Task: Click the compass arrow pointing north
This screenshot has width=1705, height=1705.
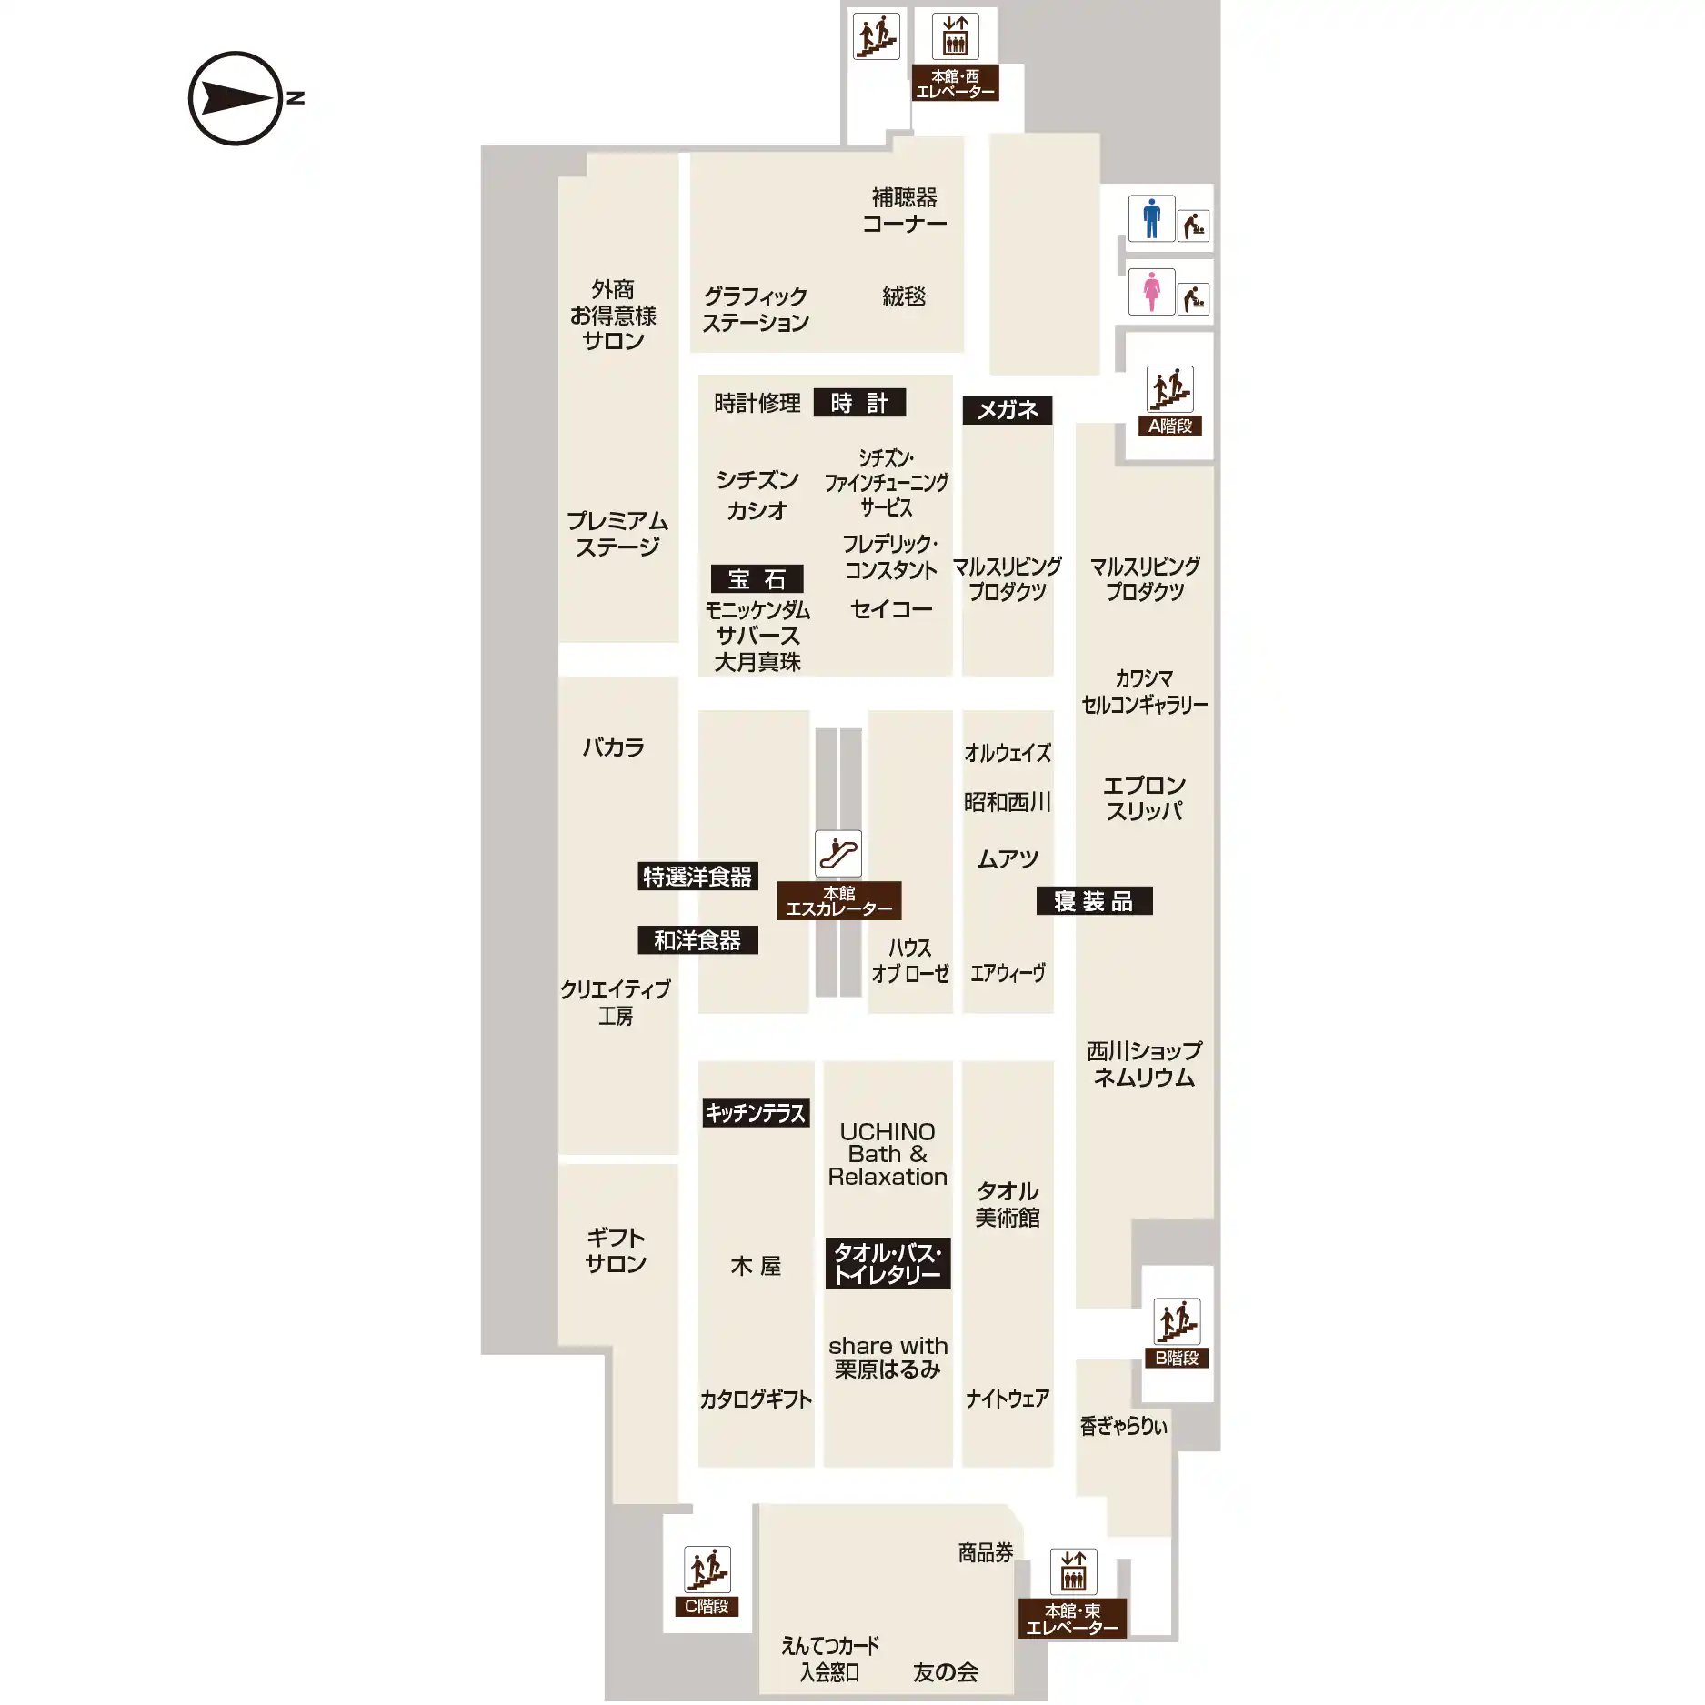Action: pyautogui.click(x=236, y=98)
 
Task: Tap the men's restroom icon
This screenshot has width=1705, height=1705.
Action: pyautogui.click(x=1151, y=218)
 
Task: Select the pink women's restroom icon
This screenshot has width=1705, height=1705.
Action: pyautogui.click(x=1151, y=291)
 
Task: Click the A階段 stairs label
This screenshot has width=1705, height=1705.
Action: pyautogui.click(x=1170, y=426)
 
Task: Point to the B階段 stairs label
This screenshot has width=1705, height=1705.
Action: pyautogui.click(x=1177, y=1358)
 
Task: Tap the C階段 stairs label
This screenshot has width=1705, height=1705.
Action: pyautogui.click(x=707, y=1606)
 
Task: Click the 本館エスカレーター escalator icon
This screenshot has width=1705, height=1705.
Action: pyautogui.click(x=838, y=854)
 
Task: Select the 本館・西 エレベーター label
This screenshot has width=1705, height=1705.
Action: pyautogui.click(x=955, y=84)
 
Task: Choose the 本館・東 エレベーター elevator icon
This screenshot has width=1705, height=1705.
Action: pyautogui.click(x=1073, y=1571)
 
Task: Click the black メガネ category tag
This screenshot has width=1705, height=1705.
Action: pyautogui.click(x=1008, y=410)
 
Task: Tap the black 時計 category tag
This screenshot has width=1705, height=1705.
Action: pyautogui.click(x=859, y=403)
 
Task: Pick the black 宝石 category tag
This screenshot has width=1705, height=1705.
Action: pyautogui.click(x=757, y=578)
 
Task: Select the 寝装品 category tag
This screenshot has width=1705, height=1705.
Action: pyautogui.click(x=1094, y=900)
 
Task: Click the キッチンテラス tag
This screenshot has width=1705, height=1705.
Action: pyautogui.click(x=756, y=1113)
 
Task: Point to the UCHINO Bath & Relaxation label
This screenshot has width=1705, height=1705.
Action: pyautogui.click(x=888, y=1154)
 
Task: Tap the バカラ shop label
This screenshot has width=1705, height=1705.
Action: pyautogui.click(x=614, y=747)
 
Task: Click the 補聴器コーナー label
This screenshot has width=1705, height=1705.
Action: pyautogui.click(x=905, y=210)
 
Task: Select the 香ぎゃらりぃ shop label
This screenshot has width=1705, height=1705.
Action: pyautogui.click(x=1123, y=1425)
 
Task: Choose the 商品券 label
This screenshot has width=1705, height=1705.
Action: pyautogui.click(x=986, y=1552)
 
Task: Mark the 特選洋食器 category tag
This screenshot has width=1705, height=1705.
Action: pyautogui.click(x=697, y=877)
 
